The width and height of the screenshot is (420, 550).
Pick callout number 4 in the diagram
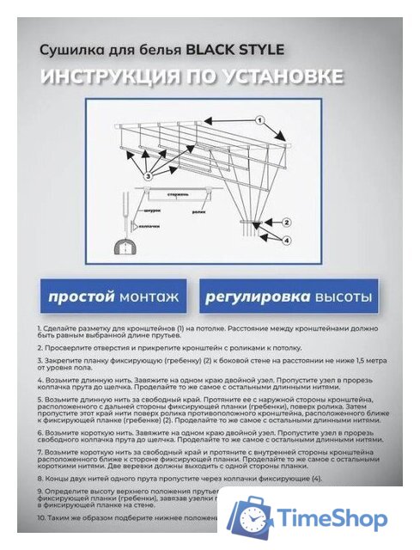pos(287,240)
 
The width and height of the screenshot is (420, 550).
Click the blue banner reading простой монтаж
pos(113,297)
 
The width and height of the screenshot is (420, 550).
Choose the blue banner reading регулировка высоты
pos(289,297)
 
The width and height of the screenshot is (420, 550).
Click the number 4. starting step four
pos(40,379)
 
